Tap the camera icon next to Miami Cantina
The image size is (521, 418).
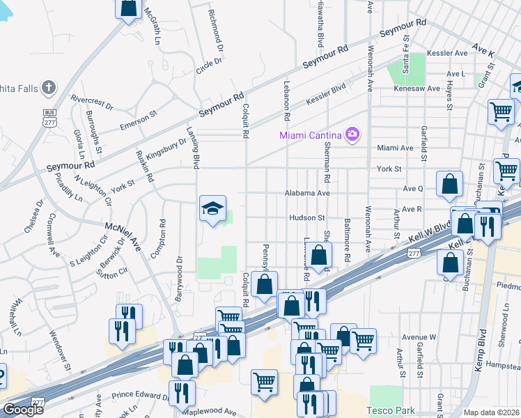(352, 134)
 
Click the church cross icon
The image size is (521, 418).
(48, 88)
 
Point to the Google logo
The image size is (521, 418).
(23, 410)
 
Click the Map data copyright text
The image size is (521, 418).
(492, 412)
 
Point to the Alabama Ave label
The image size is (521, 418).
(306, 193)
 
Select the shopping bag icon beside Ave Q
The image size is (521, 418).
(450, 185)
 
